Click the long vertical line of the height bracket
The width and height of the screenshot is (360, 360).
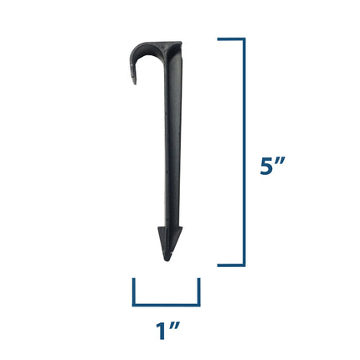click(244, 152)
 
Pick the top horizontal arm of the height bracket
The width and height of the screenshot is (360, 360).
click(231, 39)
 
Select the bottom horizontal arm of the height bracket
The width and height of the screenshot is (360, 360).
click(231, 265)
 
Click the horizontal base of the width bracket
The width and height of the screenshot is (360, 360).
click(166, 304)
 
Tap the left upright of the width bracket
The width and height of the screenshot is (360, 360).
click(134, 292)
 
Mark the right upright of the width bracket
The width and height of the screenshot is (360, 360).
click(198, 292)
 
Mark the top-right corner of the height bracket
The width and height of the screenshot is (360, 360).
click(244, 39)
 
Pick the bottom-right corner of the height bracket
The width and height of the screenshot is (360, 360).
click(244, 265)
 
